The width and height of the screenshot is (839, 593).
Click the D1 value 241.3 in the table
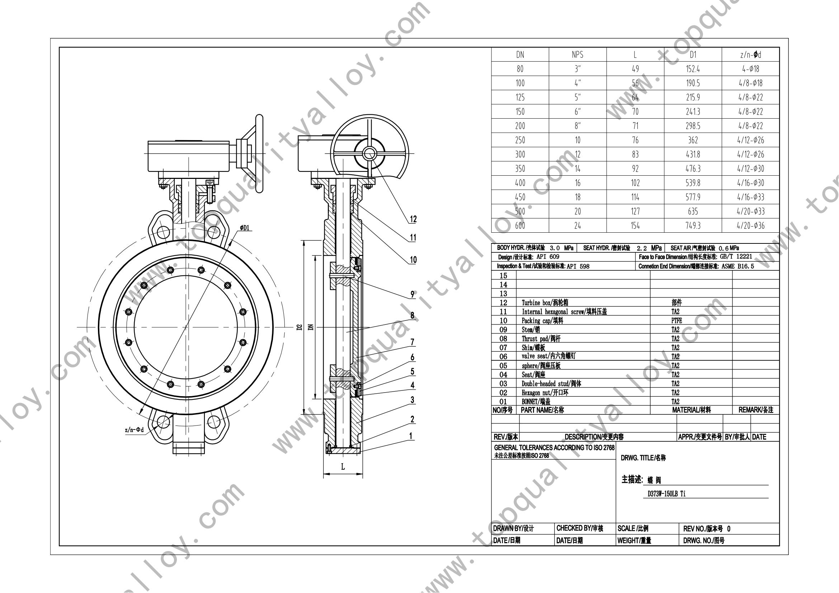point(693,112)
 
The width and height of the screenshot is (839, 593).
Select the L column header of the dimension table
point(635,55)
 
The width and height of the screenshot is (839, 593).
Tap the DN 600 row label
point(520,226)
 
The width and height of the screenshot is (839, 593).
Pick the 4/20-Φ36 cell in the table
point(750,226)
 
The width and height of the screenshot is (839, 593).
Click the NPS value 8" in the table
point(578,126)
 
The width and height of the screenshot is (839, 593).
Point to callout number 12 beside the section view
point(413,219)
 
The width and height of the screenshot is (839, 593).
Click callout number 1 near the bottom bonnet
point(411,436)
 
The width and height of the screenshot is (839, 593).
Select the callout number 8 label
point(412,316)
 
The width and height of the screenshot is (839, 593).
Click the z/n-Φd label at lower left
point(135,430)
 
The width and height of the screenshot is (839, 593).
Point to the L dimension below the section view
point(343,467)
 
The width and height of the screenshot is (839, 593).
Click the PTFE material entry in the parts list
point(677,321)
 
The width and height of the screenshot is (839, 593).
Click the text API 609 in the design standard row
point(548,257)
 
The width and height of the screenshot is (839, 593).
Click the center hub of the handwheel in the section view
point(369,154)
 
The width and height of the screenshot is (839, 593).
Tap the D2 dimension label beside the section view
point(300,327)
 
